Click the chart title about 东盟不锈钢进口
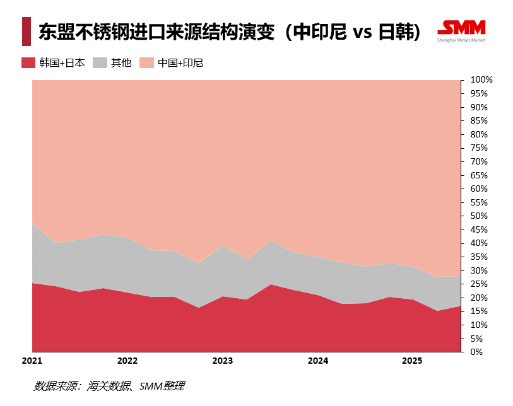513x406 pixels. click(x=230, y=32)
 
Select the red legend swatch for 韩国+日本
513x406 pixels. click(x=28, y=62)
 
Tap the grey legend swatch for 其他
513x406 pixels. click(x=100, y=62)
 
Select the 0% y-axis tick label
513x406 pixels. click(x=477, y=352)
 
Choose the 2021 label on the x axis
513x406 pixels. click(x=32, y=361)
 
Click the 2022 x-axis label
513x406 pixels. click(x=127, y=361)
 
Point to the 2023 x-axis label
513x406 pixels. click(x=222, y=361)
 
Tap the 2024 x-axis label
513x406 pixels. click(x=317, y=361)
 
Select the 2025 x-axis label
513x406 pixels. click(x=412, y=361)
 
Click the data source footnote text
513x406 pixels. click(x=109, y=386)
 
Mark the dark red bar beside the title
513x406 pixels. click(x=26, y=32)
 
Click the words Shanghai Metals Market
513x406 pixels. click(x=461, y=40)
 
